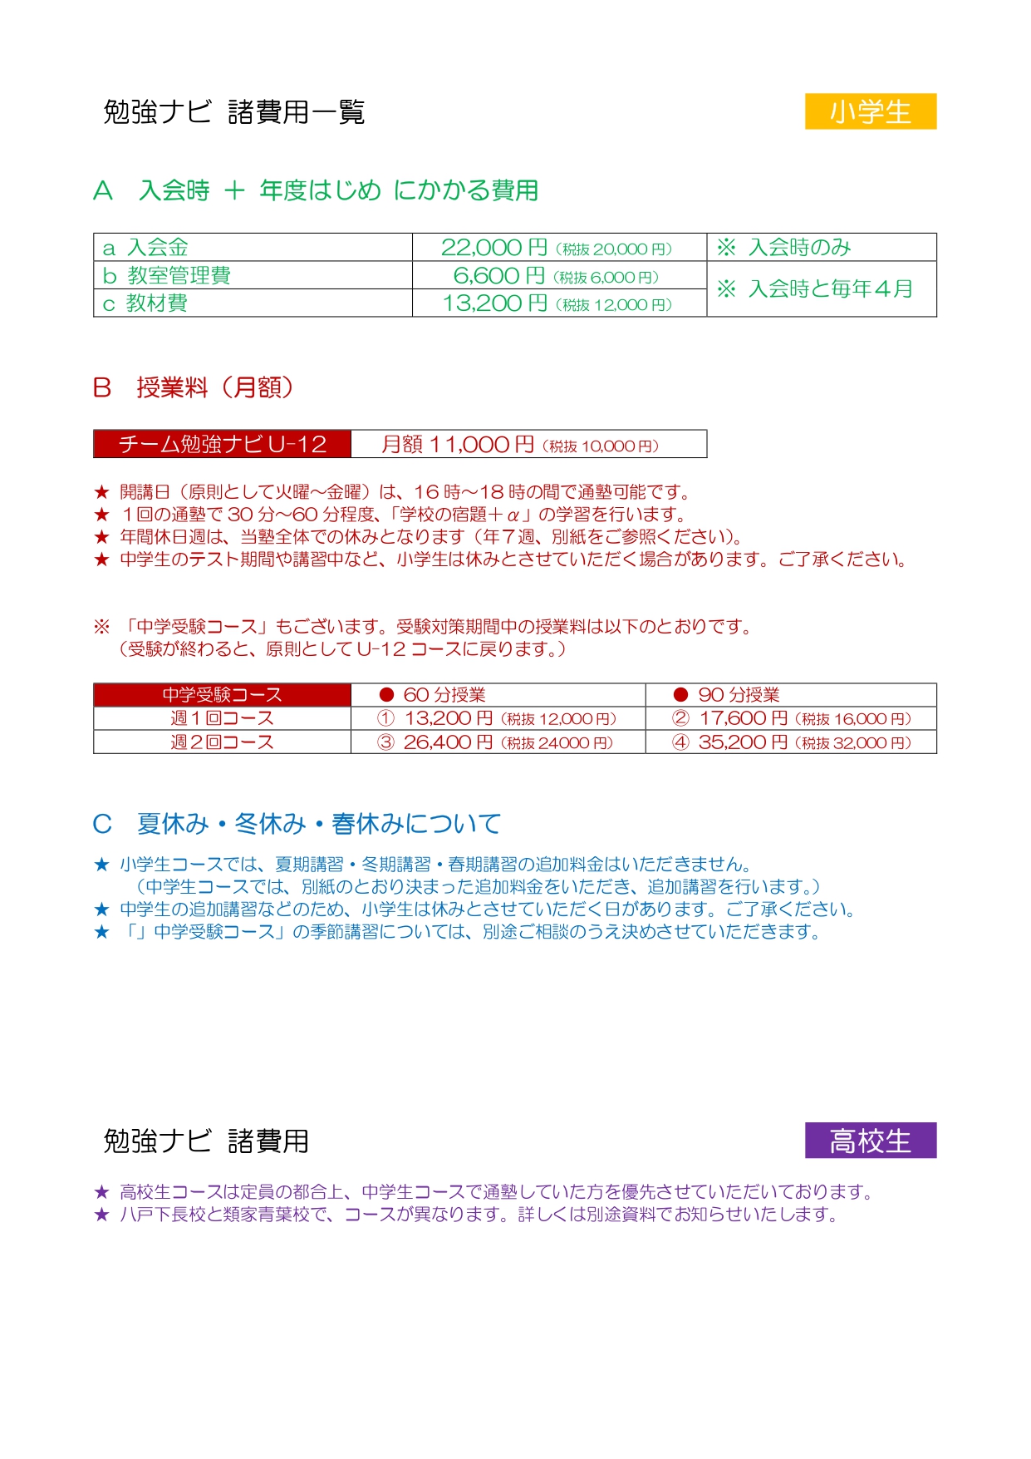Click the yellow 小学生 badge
[x=870, y=111]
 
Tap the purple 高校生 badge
[x=870, y=1140]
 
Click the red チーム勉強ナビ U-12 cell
[x=222, y=444]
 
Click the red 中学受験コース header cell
[x=222, y=695]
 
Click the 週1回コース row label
[x=222, y=718]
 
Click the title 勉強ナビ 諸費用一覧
[x=233, y=111]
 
